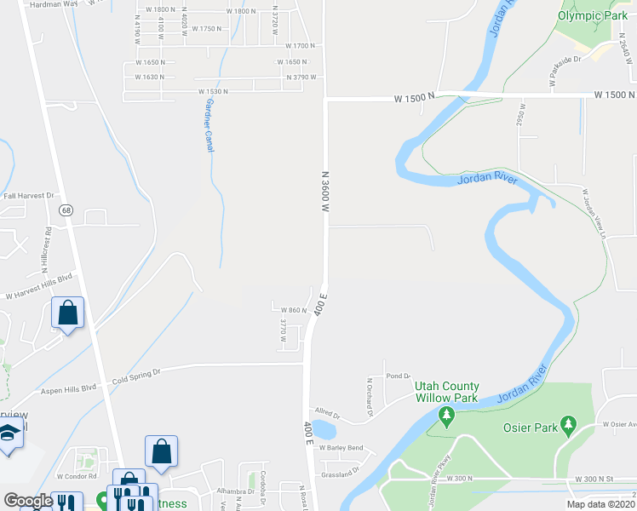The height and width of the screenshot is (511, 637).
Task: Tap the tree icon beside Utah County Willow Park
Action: pyautogui.click(x=445, y=415)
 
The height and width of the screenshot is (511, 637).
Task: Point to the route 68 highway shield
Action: pyautogui.click(x=65, y=210)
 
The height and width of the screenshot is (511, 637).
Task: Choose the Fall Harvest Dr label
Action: pyautogui.click(x=28, y=195)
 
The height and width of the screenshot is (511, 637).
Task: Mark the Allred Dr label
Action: pyautogui.click(x=327, y=416)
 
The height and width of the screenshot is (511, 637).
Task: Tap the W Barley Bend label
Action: pyautogui.click(x=343, y=448)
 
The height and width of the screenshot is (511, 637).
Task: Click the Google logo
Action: pyautogui.click(x=27, y=501)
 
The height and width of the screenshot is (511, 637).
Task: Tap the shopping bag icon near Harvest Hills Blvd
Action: pyautogui.click(x=68, y=312)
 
